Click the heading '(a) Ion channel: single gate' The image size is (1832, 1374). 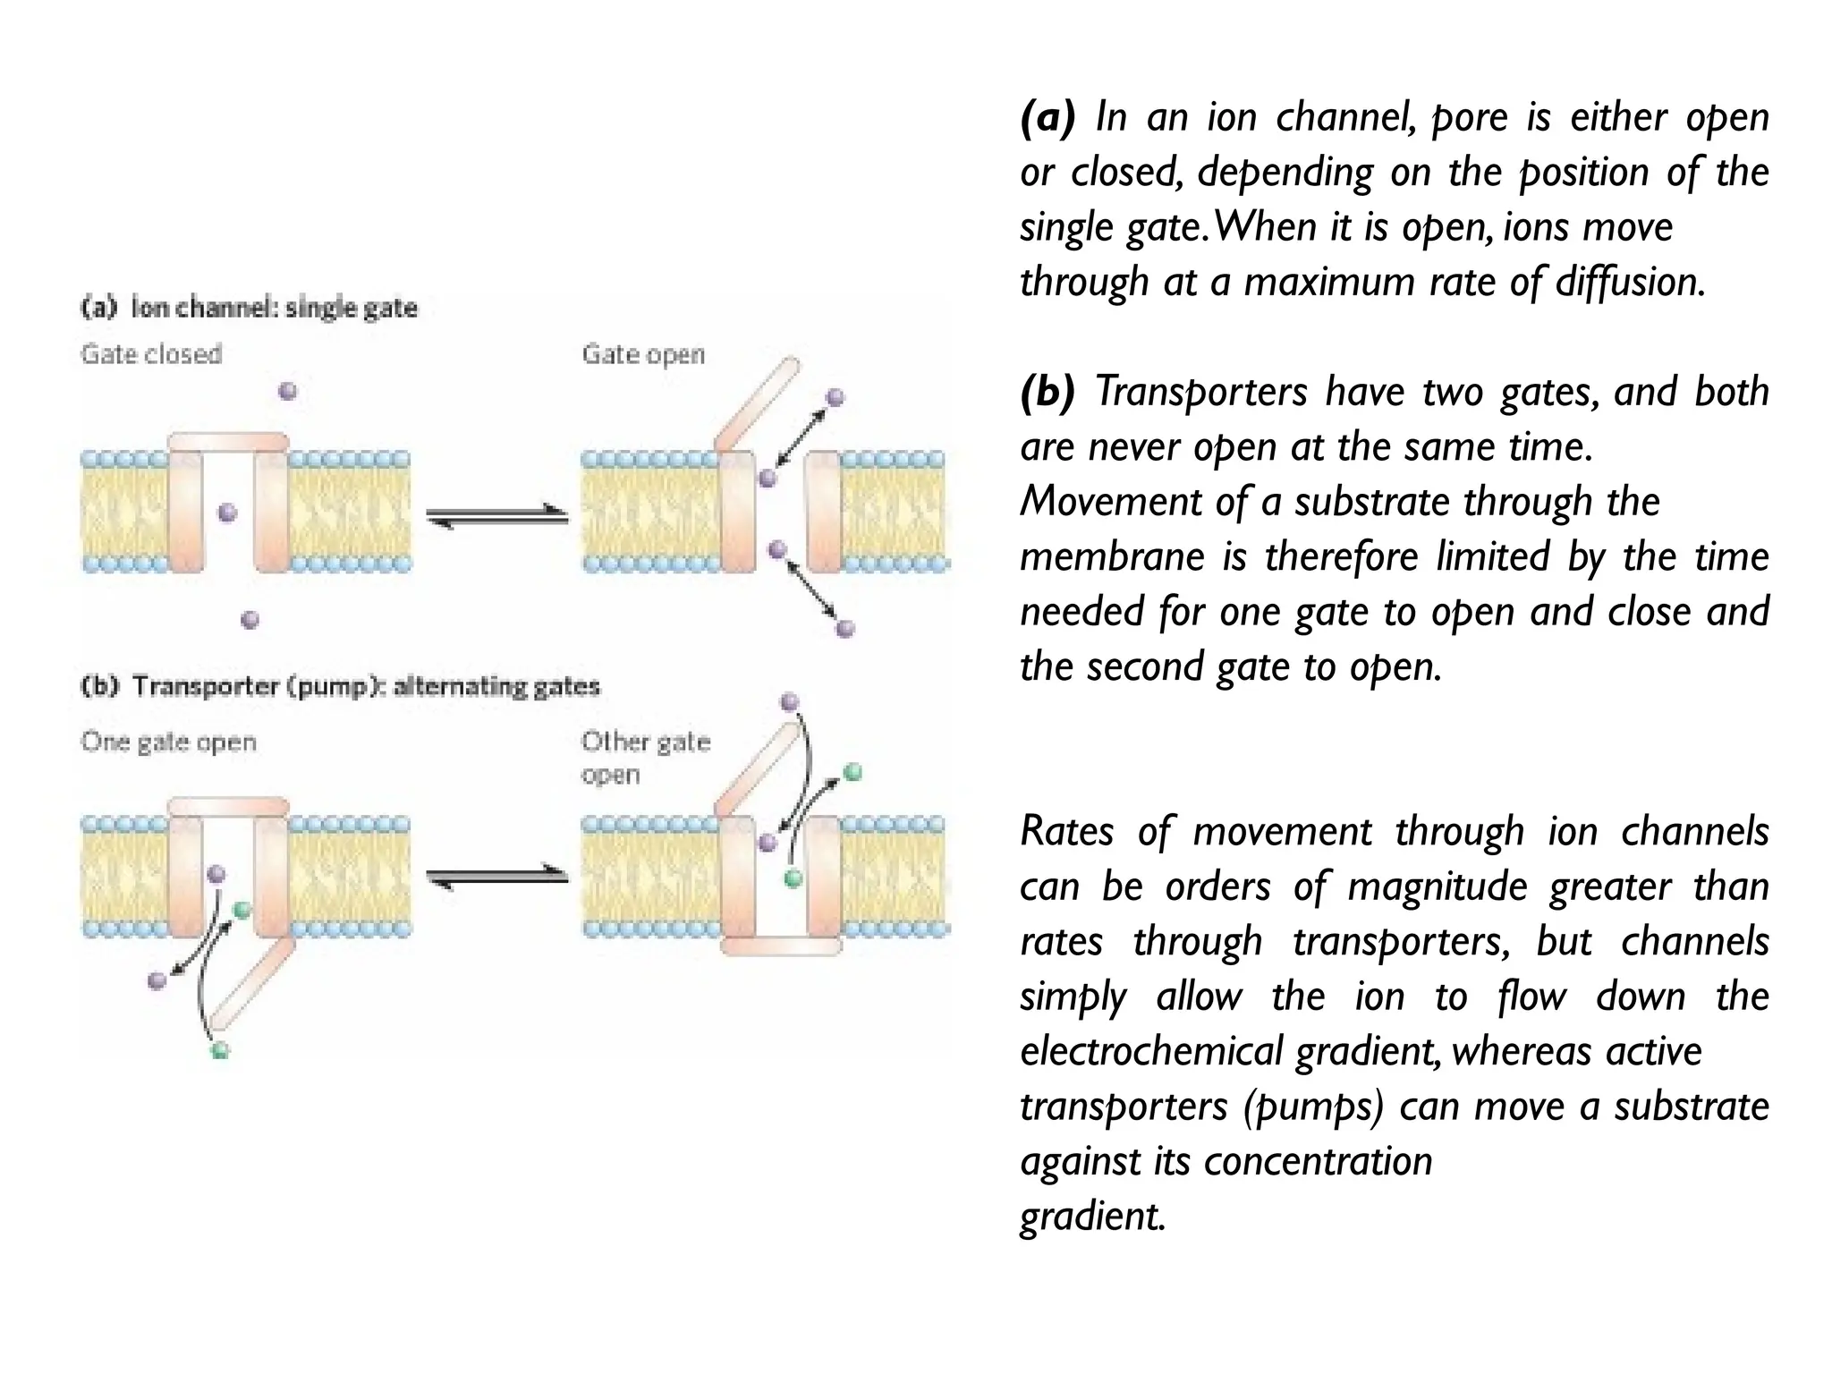point(250,308)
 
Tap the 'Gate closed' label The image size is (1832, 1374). point(151,354)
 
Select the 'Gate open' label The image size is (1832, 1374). point(643,354)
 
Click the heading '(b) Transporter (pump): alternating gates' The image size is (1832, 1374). point(340,686)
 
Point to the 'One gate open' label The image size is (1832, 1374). point(168,742)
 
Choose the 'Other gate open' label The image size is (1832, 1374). point(645,757)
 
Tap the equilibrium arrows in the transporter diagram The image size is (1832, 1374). point(497,878)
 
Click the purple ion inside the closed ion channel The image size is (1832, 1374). point(228,513)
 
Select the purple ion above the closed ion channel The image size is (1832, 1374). point(287,391)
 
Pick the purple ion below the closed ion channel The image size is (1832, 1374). point(250,619)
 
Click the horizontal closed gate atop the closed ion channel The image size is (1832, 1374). point(229,441)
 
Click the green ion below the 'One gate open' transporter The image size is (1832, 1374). point(220,1050)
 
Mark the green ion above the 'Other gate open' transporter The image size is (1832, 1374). point(852,772)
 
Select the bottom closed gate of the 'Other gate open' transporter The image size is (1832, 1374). point(781,946)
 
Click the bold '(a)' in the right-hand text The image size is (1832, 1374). point(1047,117)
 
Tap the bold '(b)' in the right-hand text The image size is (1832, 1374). point(1047,392)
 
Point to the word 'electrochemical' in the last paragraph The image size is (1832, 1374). point(1151,1051)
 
